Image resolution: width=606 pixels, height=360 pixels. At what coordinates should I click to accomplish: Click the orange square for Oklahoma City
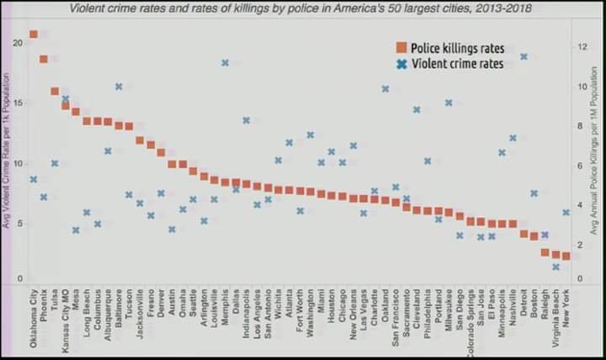(x=34, y=34)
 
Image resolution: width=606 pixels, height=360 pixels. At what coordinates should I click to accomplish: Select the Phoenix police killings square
(x=44, y=59)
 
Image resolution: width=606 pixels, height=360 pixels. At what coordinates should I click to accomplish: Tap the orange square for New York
(x=566, y=256)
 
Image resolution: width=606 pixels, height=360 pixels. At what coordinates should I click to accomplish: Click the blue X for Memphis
(x=225, y=62)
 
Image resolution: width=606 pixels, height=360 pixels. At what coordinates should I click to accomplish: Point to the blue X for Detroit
(x=524, y=56)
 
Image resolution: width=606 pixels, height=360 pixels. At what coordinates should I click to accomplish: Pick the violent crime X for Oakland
(x=385, y=88)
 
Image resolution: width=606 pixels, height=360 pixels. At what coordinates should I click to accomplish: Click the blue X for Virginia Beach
(x=555, y=267)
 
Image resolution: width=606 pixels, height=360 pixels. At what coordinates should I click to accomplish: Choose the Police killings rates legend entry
(x=450, y=48)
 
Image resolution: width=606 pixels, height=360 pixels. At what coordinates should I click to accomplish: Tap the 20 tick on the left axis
(x=19, y=42)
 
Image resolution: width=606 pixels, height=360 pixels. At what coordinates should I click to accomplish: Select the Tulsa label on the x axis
(x=55, y=299)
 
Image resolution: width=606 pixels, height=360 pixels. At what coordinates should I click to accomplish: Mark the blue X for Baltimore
(x=119, y=86)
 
